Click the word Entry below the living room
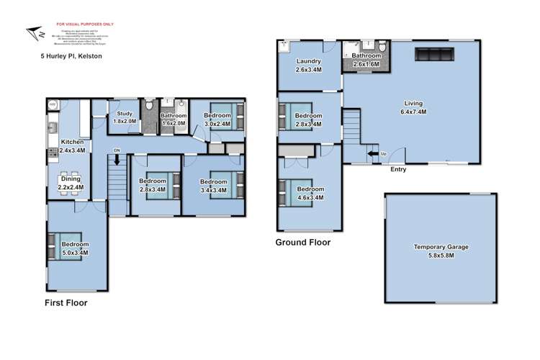tap(398, 170)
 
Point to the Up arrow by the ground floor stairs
tap(373, 153)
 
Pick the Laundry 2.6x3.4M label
tap(309, 66)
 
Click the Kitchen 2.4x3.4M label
tap(72, 146)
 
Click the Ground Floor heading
tap(303, 243)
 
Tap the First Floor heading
tap(66, 303)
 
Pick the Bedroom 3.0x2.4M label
tap(217, 119)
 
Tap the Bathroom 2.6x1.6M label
tap(367, 60)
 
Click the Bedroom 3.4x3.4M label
tap(214, 186)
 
